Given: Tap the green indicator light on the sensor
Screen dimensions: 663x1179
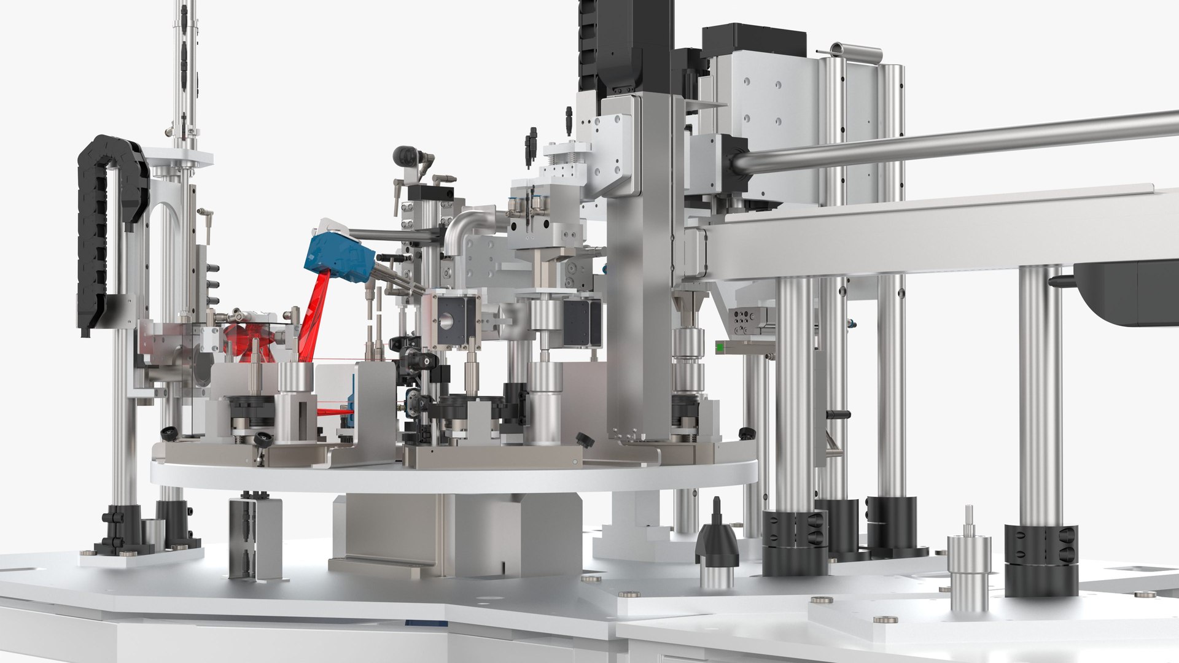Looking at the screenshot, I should pyautogui.click(x=720, y=347).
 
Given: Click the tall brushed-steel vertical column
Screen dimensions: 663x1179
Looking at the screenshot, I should pyautogui.click(x=639, y=270).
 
